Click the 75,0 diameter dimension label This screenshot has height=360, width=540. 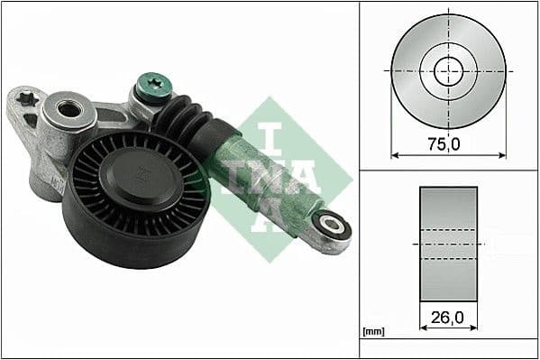[448, 143]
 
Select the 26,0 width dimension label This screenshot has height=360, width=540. [448, 318]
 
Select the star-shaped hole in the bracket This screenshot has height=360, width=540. [25, 97]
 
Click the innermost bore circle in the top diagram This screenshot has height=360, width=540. [448, 69]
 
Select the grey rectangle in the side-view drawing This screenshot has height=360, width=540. [448, 244]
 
